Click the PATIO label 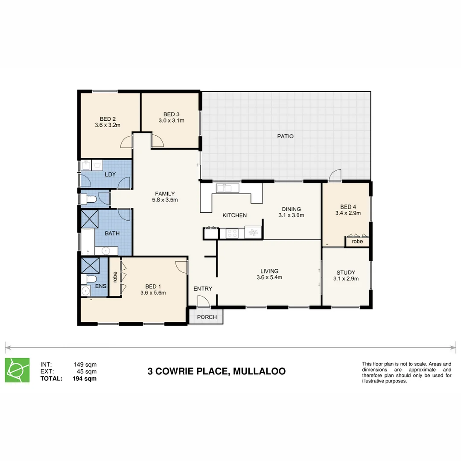286,137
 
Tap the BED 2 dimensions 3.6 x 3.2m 108,125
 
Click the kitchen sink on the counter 223,188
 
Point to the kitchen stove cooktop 232,233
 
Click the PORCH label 207,317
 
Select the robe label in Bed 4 357,242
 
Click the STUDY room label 345,273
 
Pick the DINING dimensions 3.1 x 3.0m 291,216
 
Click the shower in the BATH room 90,220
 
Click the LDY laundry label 110,175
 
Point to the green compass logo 18,370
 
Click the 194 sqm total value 85,379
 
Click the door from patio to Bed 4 336,175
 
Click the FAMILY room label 165,194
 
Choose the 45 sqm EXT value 86,371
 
